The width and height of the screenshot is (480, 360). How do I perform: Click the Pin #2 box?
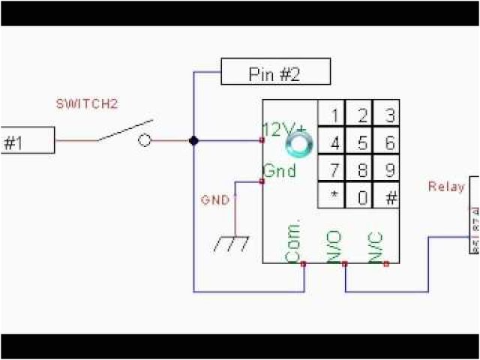[276, 73]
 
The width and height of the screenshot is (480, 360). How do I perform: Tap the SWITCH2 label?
[87, 104]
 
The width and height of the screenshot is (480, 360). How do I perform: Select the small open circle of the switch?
[145, 140]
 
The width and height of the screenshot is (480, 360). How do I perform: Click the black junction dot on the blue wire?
[193, 140]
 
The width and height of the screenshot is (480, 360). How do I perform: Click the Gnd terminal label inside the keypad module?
[279, 171]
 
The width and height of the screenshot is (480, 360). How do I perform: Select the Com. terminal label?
[293, 241]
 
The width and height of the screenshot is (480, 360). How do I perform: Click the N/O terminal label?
[334, 246]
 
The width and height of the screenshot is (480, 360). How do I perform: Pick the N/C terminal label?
[376, 246]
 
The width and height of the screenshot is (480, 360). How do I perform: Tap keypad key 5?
[362, 142]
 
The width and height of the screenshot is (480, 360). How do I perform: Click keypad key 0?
[362, 198]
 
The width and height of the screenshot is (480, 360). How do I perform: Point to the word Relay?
[445, 186]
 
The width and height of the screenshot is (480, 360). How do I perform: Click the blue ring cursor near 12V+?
[300, 142]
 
